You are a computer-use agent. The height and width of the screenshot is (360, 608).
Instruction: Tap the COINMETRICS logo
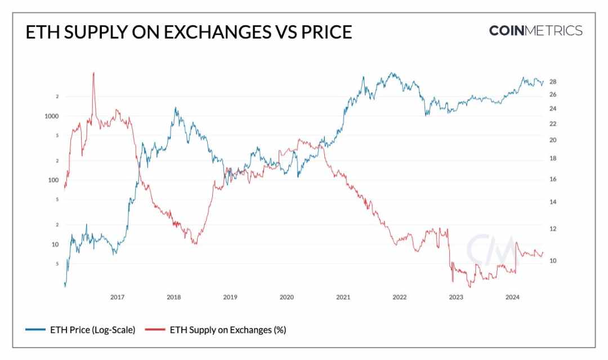pyautogui.click(x=535, y=30)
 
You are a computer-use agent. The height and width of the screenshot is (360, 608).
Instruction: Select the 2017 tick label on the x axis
pyautogui.click(x=117, y=297)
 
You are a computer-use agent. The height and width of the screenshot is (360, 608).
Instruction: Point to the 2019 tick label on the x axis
pyautogui.click(x=230, y=297)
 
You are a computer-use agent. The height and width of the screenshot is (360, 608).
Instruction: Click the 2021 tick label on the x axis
pyautogui.click(x=343, y=297)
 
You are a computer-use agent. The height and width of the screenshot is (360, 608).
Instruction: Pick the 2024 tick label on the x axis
pyautogui.click(x=512, y=297)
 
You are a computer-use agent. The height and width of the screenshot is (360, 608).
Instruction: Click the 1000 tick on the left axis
pyautogui.click(x=52, y=116)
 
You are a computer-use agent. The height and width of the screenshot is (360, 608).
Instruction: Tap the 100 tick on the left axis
pyautogui.click(x=53, y=180)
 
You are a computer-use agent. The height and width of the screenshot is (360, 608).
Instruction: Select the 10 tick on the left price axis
pyautogui.click(x=55, y=245)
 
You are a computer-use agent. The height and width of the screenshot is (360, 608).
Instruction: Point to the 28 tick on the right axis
pyautogui.click(x=553, y=82)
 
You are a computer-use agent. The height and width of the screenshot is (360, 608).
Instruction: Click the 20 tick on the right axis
pyautogui.click(x=553, y=140)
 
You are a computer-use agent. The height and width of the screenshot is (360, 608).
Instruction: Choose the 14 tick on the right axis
pyautogui.click(x=553, y=202)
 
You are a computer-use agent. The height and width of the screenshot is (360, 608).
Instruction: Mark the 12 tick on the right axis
pyautogui.click(x=553, y=229)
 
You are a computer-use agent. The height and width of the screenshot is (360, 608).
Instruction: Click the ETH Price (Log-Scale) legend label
pyautogui.click(x=93, y=330)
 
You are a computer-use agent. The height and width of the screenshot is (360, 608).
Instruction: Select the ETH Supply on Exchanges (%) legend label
pyautogui.click(x=228, y=330)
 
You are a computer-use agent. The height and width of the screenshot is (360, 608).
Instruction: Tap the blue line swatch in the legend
pyautogui.click(x=35, y=330)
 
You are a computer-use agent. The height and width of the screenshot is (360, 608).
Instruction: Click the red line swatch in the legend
pyautogui.click(x=155, y=330)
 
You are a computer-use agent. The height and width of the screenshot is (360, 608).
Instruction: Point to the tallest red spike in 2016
pyautogui.click(x=93, y=73)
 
